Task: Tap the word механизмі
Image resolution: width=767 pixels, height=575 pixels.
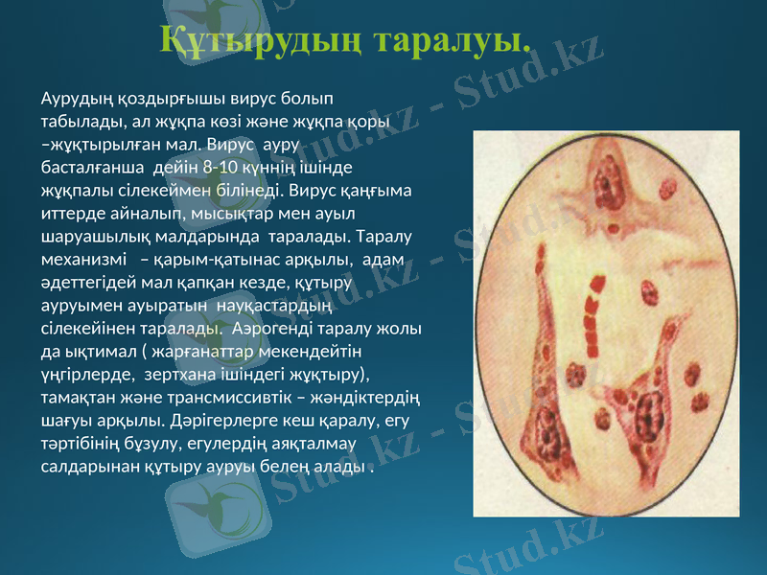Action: (x=82, y=260)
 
